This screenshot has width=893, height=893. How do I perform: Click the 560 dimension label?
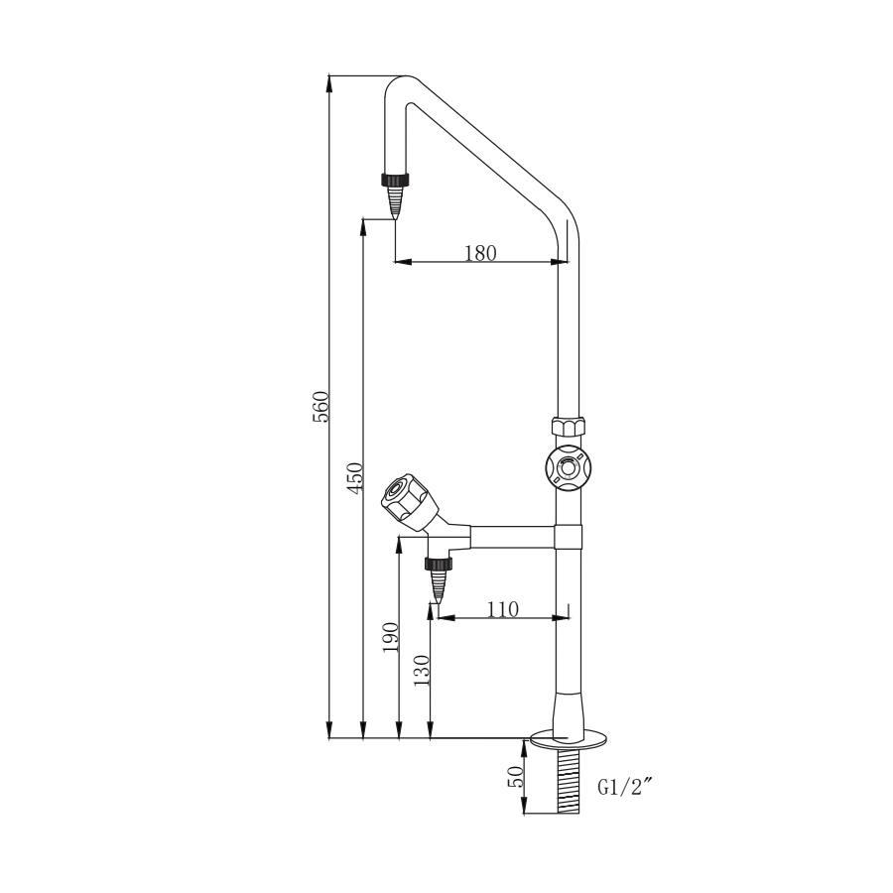(320, 407)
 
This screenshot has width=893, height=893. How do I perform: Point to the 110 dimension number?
(503, 609)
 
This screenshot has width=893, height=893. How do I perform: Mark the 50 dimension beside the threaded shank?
(516, 777)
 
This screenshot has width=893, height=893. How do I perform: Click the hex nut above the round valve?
(568, 429)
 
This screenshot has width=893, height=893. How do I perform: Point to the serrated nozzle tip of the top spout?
(395, 205)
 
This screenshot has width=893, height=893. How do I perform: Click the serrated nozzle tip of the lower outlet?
(438, 589)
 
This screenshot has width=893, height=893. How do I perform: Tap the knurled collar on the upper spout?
(395, 180)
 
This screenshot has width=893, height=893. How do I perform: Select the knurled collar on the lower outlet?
(438, 565)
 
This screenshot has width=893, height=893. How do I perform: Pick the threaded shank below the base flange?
(568, 781)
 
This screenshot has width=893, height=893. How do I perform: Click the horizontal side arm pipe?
(511, 537)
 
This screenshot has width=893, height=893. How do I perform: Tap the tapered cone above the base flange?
(568, 714)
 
